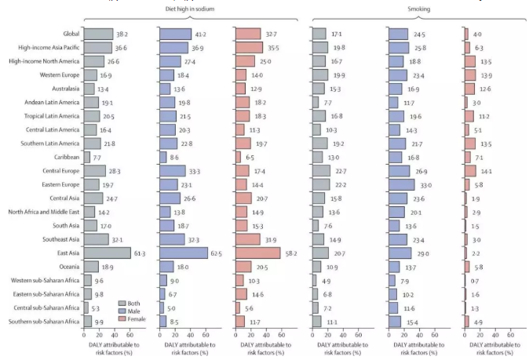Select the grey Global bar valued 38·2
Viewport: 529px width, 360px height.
pyautogui.click(x=98, y=34)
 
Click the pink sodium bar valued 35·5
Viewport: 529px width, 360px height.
pyautogui.click(x=249, y=48)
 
